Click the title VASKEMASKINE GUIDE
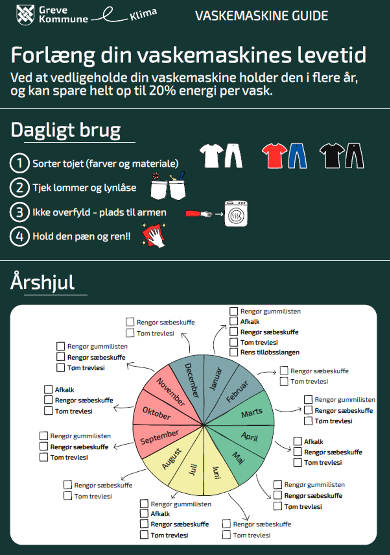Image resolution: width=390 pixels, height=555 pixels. pos(261,16)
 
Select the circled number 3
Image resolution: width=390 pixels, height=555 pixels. pos(19,212)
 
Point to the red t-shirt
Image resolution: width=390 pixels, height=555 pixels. pos(274,155)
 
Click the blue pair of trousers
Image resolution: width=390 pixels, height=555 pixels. pos(297,156)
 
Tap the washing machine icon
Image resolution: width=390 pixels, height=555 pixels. pos(236,214)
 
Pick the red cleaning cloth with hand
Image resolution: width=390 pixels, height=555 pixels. pos(154,236)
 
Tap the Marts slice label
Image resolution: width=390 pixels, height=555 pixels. pos(252,413)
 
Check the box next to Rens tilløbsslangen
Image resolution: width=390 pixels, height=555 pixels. pos(234,352)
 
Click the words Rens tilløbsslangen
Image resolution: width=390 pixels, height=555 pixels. pos(270,352)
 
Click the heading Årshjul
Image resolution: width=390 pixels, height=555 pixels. pos(43,282)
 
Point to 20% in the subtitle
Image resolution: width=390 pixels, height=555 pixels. pos(163,91)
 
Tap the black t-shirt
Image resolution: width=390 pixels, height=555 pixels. pos(331,155)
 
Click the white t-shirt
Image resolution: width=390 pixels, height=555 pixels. pos(211,156)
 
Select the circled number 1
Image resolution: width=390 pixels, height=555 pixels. pos(19,163)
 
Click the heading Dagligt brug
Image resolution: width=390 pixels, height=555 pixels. pos(66,130)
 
